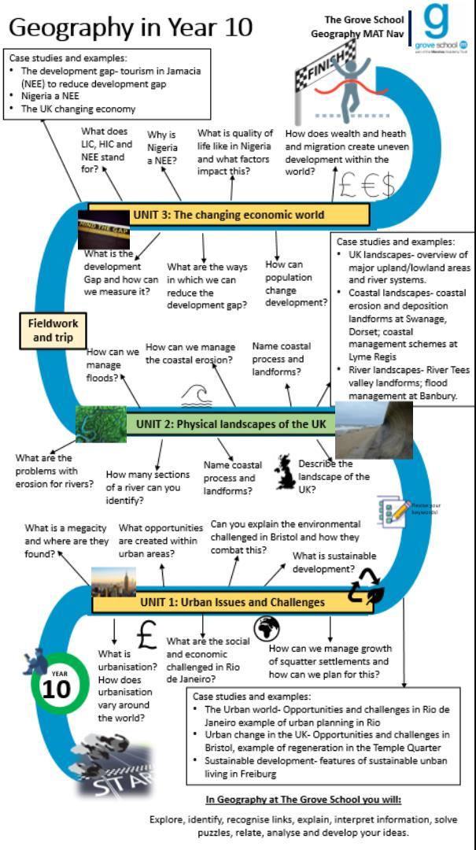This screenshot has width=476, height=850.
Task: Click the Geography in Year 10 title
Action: (131, 27)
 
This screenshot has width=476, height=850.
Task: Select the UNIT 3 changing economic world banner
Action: (228, 214)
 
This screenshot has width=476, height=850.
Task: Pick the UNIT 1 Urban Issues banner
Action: (221, 602)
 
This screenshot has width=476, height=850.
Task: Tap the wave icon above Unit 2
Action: (196, 397)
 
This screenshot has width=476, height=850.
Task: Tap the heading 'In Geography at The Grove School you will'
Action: (304, 800)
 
